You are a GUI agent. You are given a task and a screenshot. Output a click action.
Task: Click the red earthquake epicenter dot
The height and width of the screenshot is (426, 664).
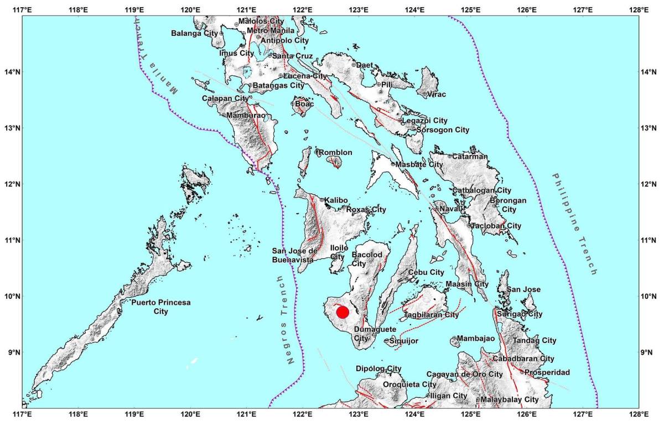pos(343,312)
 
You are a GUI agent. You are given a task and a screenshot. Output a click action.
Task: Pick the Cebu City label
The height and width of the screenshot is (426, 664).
pos(426,272)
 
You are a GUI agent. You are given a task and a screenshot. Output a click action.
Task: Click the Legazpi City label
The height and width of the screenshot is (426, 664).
pos(424,121)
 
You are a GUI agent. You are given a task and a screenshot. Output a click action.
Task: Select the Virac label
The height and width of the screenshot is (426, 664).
pos(436,95)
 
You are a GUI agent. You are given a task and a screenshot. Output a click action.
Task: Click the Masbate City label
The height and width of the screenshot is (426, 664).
pos(419,164)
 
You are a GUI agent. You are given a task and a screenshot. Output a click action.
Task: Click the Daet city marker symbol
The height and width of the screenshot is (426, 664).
pos(354,65)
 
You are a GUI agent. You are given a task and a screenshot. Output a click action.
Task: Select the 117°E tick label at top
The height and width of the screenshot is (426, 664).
pos(22,10)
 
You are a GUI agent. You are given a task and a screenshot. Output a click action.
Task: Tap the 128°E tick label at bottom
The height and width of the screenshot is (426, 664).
pos(639,413)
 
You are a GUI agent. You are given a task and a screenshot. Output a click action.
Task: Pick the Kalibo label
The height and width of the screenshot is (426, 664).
pos(335,200)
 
